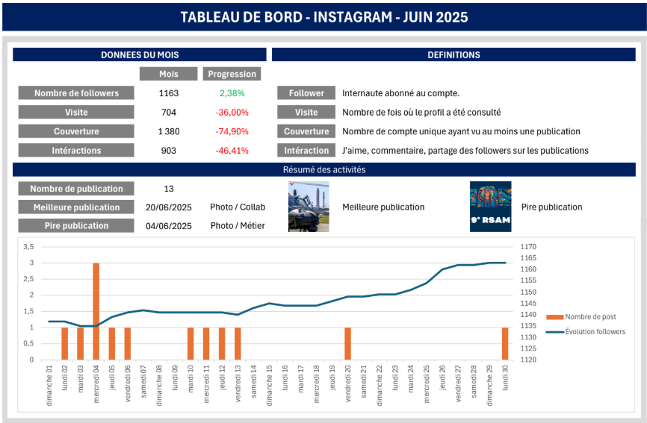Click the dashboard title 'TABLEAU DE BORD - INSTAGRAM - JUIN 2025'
pyautogui.click(x=324, y=17)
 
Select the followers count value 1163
pyautogui.click(x=169, y=93)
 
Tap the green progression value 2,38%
pyautogui.click(x=232, y=93)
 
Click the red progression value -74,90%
pyautogui.click(x=232, y=131)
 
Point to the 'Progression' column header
pyautogui.click(x=232, y=74)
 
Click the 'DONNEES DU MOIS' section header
pyautogui.click(x=140, y=54)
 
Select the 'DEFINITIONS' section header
pyautogui.click(x=453, y=54)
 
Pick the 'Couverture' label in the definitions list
pyautogui.click(x=306, y=131)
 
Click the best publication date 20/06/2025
pyautogui.click(x=169, y=207)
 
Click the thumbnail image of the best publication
pyautogui.click(x=309, y=207)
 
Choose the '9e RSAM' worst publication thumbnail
pyautogui.click(x=490, y=207)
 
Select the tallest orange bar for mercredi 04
pyautogui.click(x=96, y=311)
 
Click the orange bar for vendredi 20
pyautogui.click(x=348, y=343)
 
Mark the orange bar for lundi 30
pyautogui.click(x=505, y=343)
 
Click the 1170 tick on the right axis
pyautogui.click(x=529, y=246)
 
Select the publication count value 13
pyautogui.click(x=169, y=189)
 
